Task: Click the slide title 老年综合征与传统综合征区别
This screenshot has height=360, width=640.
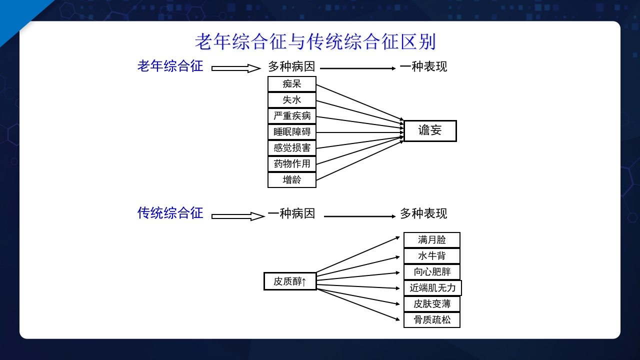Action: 315,41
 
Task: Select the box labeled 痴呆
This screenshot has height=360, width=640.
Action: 292,84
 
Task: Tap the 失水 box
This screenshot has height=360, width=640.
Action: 292,100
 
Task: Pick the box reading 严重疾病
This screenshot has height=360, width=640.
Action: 292,116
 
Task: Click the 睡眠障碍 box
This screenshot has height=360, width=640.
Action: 292,132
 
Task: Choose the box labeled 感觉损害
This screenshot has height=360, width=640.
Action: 292,148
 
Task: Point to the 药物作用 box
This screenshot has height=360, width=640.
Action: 292,163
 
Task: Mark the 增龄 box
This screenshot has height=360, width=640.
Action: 292,179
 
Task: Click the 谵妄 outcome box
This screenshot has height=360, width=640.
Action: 430,131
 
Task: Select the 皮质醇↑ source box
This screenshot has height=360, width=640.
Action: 290,281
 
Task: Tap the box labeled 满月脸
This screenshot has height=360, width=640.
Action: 432,240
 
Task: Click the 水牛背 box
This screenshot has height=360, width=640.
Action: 432,256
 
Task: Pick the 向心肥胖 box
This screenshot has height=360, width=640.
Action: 432,272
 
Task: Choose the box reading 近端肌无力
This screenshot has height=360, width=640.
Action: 432,288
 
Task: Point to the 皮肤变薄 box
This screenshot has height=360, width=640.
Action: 432,303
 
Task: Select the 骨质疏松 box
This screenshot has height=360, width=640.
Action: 432,319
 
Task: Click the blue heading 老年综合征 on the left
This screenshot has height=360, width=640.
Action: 170,66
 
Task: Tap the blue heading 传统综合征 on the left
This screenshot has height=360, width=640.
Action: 170,213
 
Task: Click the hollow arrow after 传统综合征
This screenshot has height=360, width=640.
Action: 237,216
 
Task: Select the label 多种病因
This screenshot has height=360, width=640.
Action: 291,66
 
